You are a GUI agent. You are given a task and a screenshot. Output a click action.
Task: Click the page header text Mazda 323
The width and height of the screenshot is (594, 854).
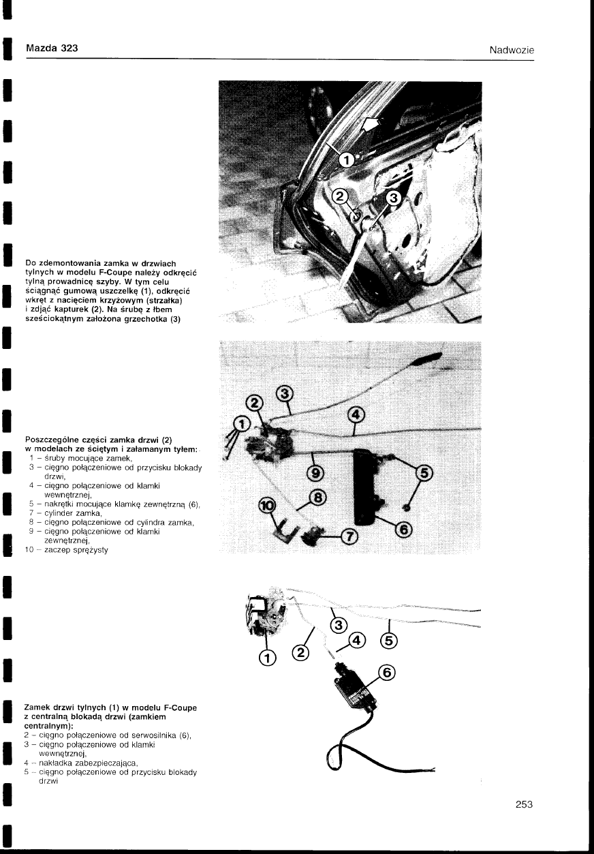(51, 48)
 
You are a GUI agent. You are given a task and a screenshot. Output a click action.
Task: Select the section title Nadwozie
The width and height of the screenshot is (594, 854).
(511, 50)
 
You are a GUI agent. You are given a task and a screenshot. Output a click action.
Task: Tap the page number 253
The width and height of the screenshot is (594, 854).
(523, 804)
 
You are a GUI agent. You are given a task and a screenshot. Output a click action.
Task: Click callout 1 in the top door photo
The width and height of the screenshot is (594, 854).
(345, 160)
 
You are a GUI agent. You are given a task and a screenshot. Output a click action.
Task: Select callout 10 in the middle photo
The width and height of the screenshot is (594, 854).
(268, 505)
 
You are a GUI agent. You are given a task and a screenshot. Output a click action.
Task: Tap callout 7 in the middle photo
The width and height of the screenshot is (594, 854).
(349, 537)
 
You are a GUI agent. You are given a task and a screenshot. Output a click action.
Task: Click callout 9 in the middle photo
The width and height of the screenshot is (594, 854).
(316, 474)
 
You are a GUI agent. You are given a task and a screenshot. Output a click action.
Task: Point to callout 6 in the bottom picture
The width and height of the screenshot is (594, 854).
(386, 673)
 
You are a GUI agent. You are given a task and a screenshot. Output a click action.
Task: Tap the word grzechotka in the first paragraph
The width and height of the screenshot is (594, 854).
(141, 321)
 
